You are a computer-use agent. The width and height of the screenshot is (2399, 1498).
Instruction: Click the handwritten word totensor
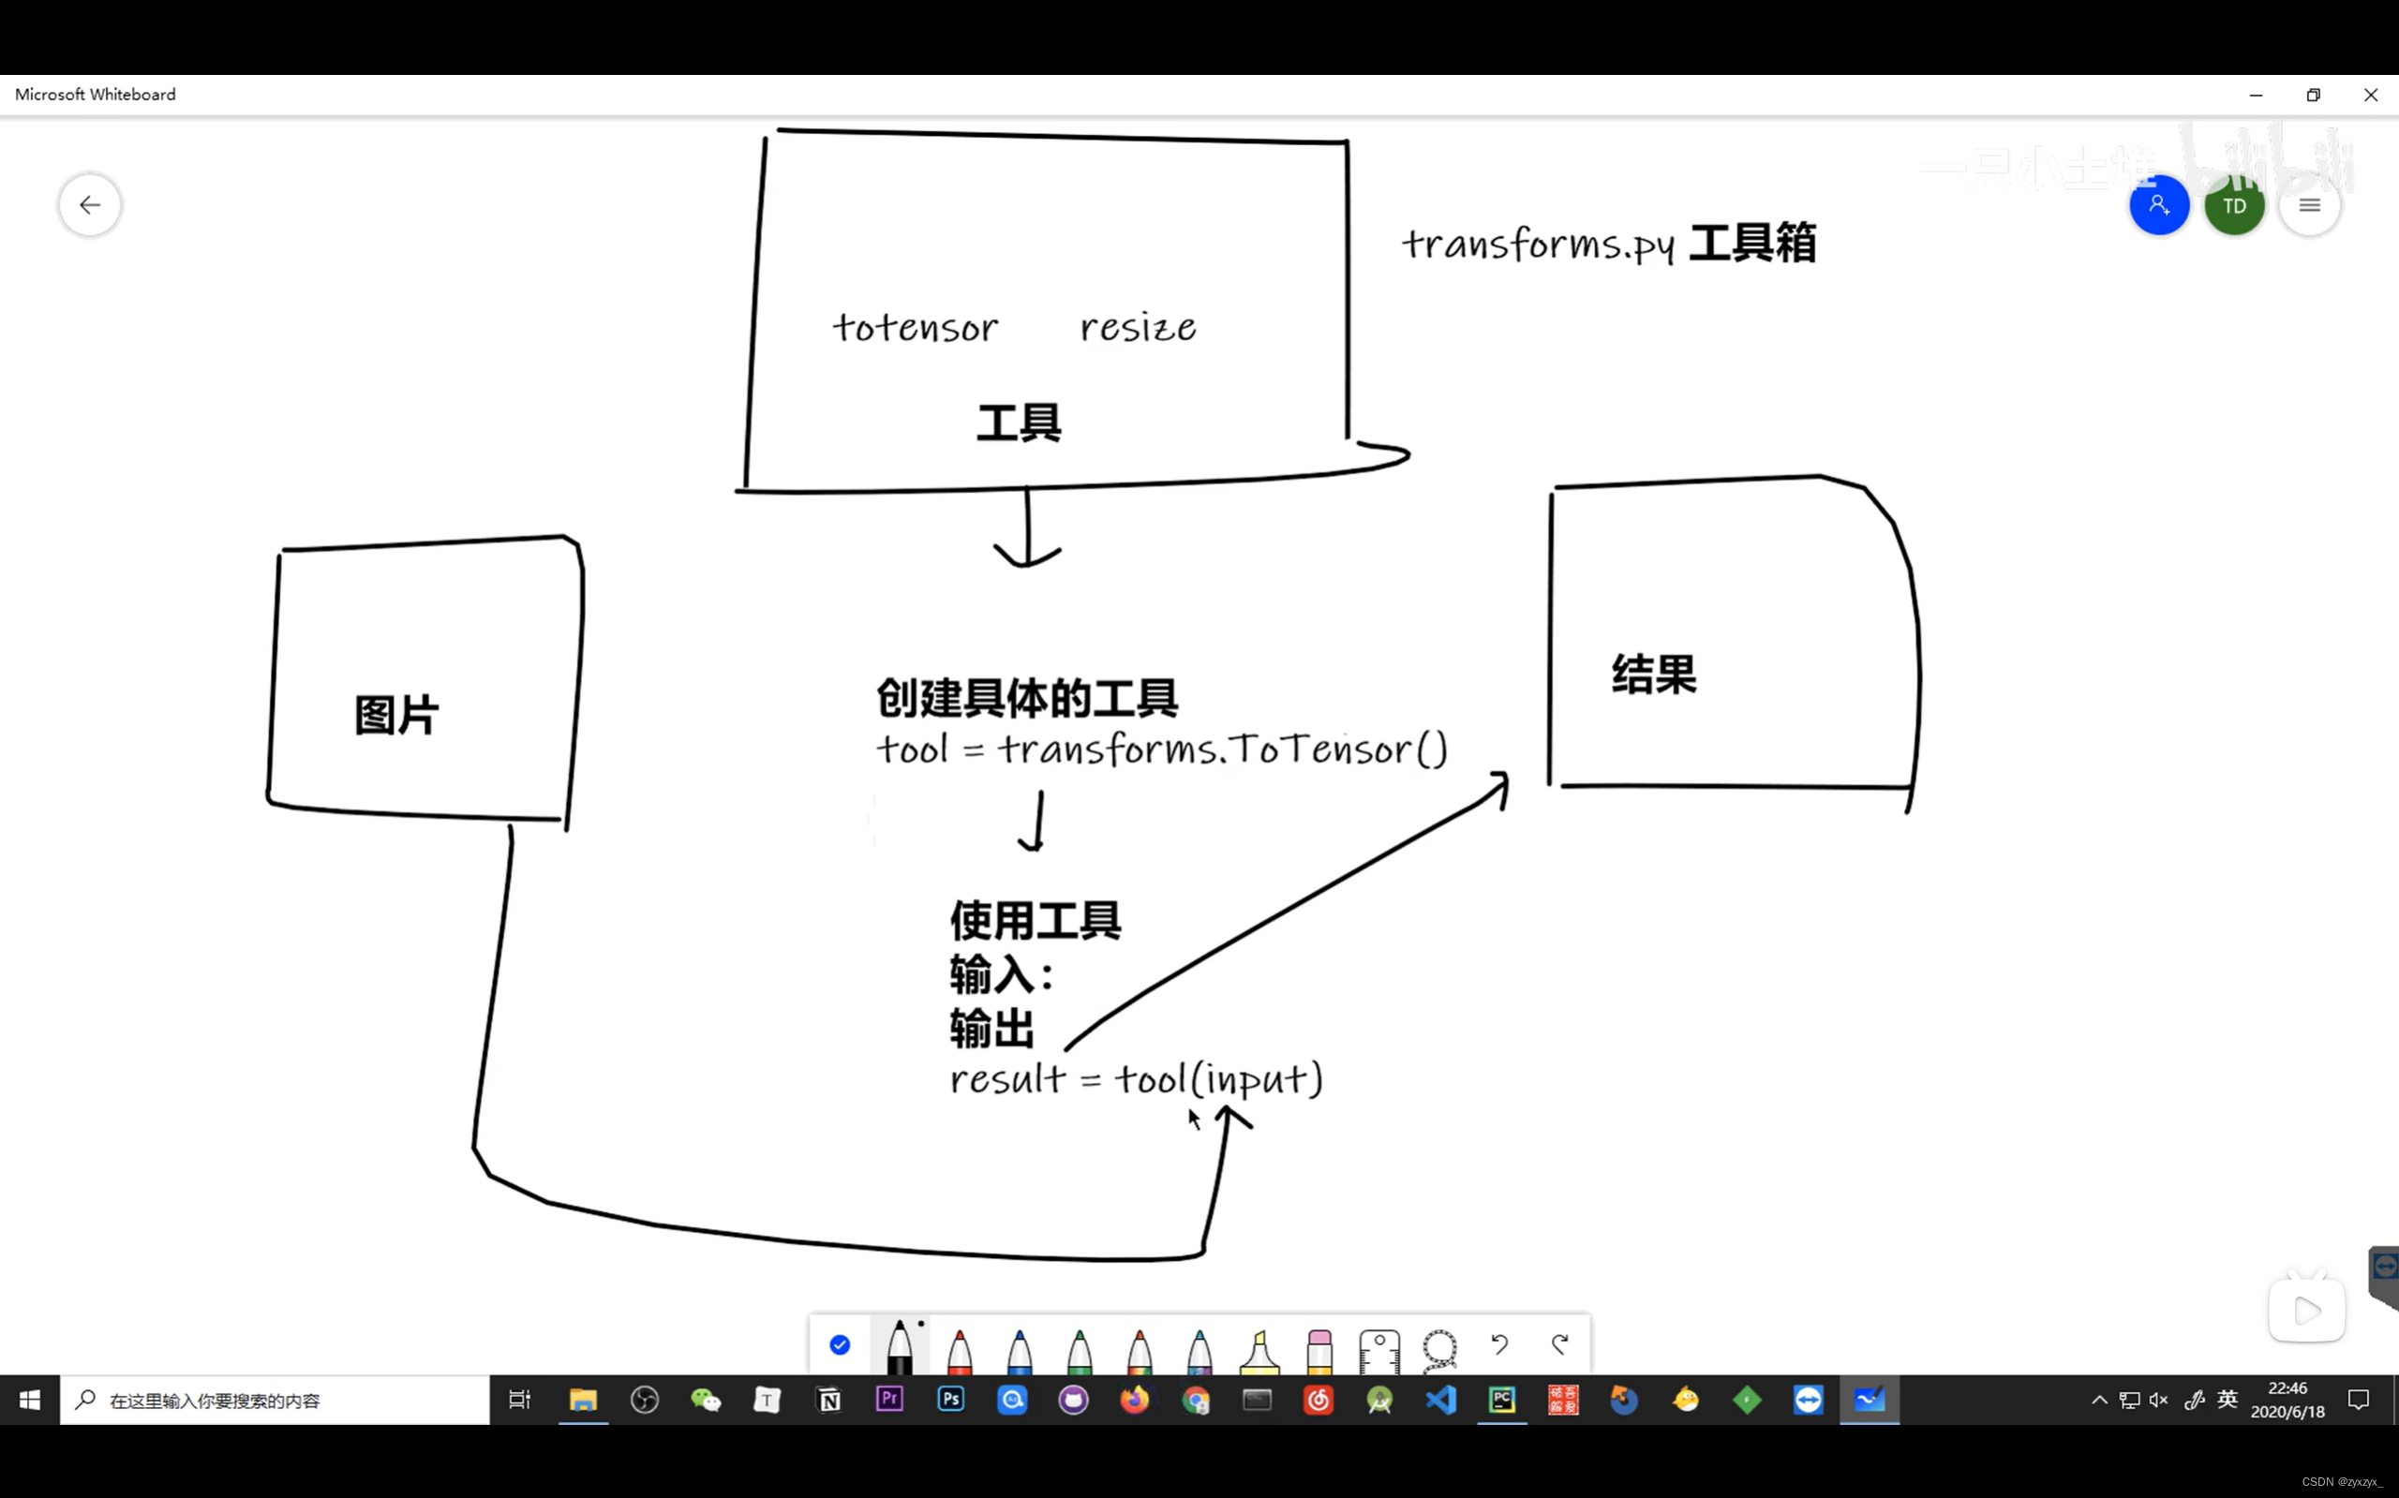(x=915, y=327)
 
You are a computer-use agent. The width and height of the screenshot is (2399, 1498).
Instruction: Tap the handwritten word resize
(x=1138, y=327)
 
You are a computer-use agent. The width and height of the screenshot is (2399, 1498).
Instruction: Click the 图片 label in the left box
(x=396, y=714)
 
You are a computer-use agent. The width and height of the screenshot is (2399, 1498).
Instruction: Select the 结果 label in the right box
(x=1654, y=675)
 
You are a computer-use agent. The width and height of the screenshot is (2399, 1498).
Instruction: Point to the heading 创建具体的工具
(x=1026, y=699)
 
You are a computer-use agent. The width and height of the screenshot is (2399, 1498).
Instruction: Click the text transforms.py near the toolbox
(x=1538, y=244)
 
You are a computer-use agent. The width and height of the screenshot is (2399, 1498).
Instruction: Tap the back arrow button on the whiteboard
(x=90, y=205)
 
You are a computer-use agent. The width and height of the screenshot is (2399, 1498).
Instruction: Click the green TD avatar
(x=2233, y=206)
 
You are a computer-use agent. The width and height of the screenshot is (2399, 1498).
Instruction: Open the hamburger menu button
(x=2309, y=206)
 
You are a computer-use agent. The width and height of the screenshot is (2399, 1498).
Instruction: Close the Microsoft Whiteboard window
(x=2370, y=96)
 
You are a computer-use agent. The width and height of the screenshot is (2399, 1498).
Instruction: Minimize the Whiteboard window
(x=2256, y=96)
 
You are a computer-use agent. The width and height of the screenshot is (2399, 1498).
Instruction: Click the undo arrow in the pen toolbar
(x=1499, y=1344)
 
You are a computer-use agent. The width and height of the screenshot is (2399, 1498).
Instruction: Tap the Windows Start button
(x=30, y=1399)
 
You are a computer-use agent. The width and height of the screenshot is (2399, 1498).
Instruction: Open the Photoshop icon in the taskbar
(x=950, y=1399)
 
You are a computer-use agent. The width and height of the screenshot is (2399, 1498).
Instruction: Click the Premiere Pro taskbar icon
(x=889, y=1399)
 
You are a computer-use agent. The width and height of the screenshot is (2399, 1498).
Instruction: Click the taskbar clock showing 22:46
(x=2287, y=1399)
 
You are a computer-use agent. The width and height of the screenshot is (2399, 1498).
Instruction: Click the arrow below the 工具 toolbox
(x=1028, y=530)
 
